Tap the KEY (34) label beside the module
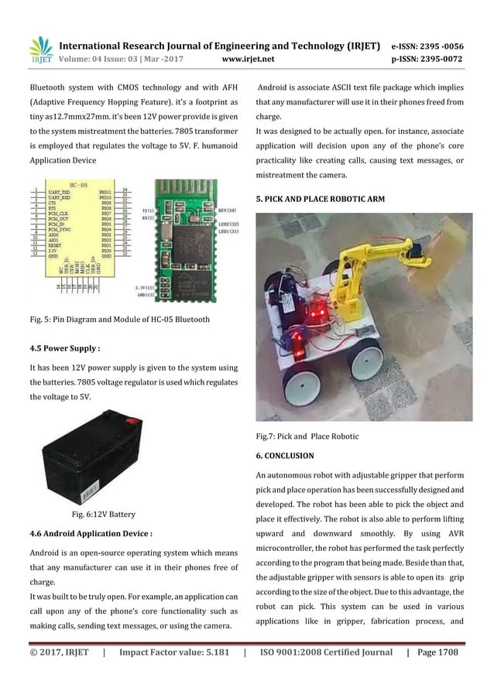coord(227,210)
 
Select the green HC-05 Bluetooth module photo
coord(188,237)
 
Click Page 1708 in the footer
coord(437,652)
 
